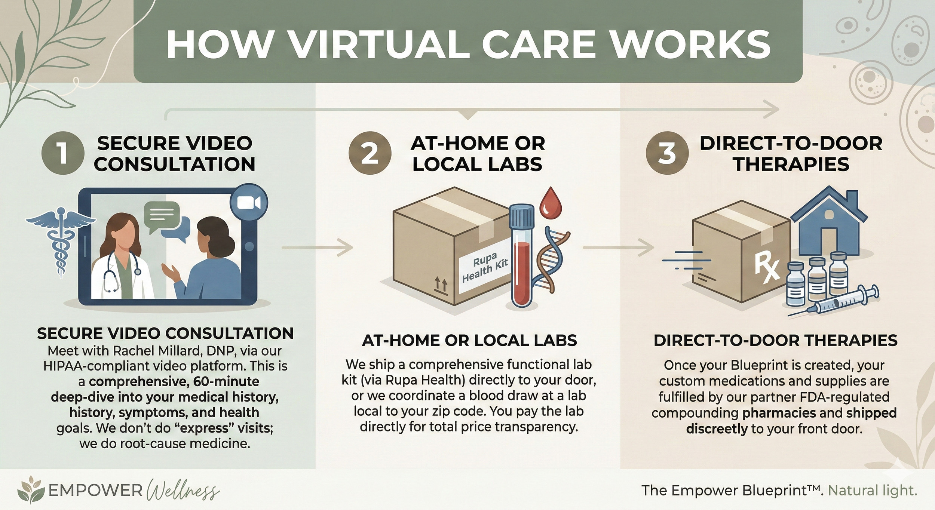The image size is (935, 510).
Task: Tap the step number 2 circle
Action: click(x=370, y=153)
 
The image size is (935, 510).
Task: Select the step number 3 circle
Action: click(x=667, y=153)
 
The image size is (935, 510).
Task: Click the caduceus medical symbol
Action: click(x=60, y=243)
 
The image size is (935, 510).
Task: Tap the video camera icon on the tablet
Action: click(x=249, y=203)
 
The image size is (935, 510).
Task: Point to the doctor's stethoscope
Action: click(x=112, y=277)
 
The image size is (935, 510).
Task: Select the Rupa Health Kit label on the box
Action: click(x=485, y=267)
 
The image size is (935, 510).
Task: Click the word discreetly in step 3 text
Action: click(x=716, y=428)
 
